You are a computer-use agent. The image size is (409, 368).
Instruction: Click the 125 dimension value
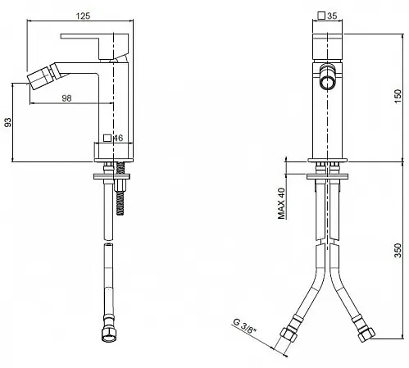point(83,16)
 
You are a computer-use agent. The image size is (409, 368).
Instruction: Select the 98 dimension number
point(66,98)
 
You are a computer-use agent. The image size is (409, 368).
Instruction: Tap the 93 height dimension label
point(8,122)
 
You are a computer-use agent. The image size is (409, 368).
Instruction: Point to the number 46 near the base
point(118,138)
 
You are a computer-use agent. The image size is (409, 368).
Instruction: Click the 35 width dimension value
point(332,16)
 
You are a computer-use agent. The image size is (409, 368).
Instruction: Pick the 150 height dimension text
point(398,96)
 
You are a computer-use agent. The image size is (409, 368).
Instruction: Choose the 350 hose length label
point(398,250)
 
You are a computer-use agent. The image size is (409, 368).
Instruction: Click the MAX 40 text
point(281,203)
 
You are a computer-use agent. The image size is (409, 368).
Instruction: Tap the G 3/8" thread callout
point(245,326)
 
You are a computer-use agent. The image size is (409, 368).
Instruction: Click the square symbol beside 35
point(321,16)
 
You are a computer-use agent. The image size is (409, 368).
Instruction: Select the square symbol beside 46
point(107,138)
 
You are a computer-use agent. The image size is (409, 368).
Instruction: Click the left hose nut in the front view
point(289,335)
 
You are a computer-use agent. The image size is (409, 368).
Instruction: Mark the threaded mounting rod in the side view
point(120,188)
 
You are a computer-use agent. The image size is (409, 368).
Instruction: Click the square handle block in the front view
point(328,48)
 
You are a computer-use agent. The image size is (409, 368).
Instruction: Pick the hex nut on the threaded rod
point(120,185)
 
